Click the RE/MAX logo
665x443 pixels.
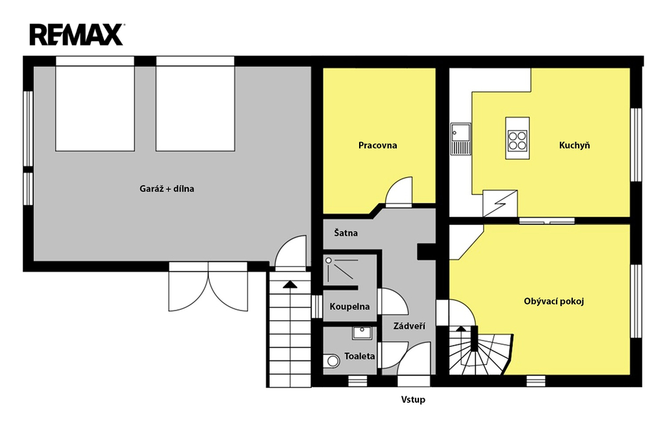pos(77,35)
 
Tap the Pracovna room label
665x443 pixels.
pos(377,146)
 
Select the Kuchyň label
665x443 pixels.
pos(574,146)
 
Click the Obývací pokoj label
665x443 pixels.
pos(554,301)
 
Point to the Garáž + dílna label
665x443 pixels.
pos(167,189)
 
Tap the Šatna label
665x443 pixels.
pos(345,233)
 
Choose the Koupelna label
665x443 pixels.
pos(349,307)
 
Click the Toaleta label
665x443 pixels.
pos(360,356)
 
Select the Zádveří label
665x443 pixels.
pos(409,326)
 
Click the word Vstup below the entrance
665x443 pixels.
pos(413,399)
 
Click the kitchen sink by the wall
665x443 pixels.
pos(460,138)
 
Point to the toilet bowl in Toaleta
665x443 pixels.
pos(331,361)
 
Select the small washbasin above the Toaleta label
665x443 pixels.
pos(362,333)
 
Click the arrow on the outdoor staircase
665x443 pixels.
pos(290,285)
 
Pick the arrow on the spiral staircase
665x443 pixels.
pos(460,329)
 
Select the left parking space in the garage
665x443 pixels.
pos(95,108)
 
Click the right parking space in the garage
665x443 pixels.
pos(195,108)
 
